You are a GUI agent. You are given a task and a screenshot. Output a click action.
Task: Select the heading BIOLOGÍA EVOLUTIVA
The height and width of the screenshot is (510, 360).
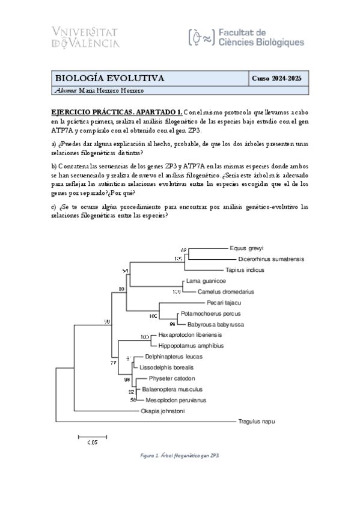pos(110,79)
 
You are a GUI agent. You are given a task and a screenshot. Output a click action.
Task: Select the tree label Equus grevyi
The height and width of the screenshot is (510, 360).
pos(246,248)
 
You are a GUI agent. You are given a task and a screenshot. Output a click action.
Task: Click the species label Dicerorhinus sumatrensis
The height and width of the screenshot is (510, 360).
pos(263,259)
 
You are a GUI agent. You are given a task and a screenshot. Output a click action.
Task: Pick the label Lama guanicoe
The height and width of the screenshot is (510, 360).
pos(206,281)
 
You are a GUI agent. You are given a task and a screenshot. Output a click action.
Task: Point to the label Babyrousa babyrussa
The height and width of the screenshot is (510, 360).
pos(211,324)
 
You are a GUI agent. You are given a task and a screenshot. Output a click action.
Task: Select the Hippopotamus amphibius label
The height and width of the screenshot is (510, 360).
pos(191,346)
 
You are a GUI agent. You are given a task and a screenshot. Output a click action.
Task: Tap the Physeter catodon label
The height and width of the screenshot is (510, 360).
pos(172,378)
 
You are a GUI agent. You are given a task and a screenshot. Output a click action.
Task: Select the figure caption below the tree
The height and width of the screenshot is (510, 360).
pos(179,456)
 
